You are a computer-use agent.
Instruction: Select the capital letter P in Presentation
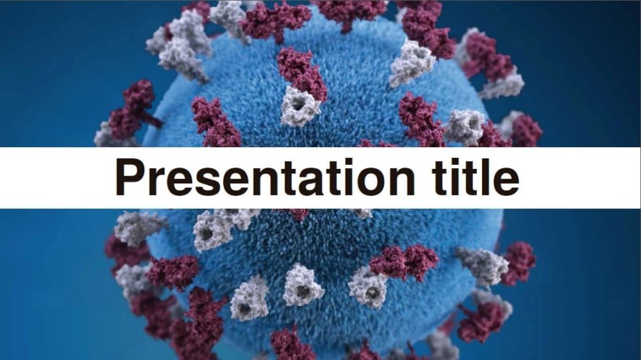[129, 177]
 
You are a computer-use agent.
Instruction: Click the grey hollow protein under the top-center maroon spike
[300, 107]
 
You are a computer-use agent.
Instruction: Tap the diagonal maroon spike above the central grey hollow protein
[302, 72]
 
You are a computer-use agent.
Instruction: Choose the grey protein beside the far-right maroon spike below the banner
[483, 264]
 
